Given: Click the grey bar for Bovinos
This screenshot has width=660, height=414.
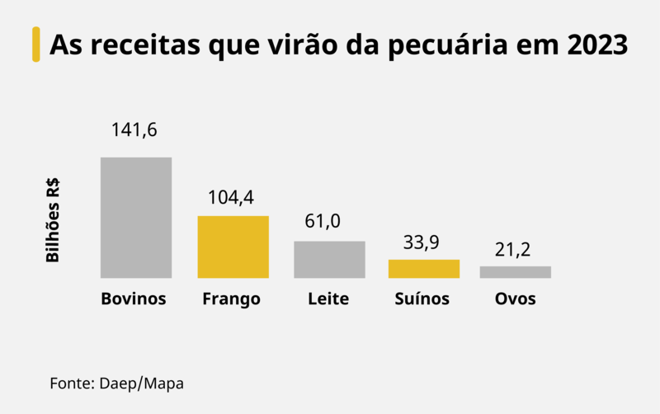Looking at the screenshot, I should [x=136, y=217].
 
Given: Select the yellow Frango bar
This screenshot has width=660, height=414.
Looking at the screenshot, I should [x=233, y=247].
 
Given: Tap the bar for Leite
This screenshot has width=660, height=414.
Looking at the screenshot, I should [x=329, y=259].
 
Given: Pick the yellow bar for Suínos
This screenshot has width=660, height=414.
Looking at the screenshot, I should [x=424, y=268].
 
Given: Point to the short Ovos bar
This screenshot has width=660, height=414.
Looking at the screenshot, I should [x=515, y=271].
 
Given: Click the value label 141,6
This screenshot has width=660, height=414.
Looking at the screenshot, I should [x=135, y=130].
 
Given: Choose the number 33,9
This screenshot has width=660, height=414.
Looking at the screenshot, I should [x=422, y=242].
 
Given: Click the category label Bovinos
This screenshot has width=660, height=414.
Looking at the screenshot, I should [x=134, y=299].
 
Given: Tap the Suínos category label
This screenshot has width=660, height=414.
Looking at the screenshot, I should [x=422, y=299].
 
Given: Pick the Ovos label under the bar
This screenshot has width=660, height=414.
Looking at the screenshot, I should [x=515, y=299].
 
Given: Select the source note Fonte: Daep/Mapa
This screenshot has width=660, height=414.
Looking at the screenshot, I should [x=116, y=383].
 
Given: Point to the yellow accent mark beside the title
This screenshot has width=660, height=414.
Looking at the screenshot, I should [x=35, y=45].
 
